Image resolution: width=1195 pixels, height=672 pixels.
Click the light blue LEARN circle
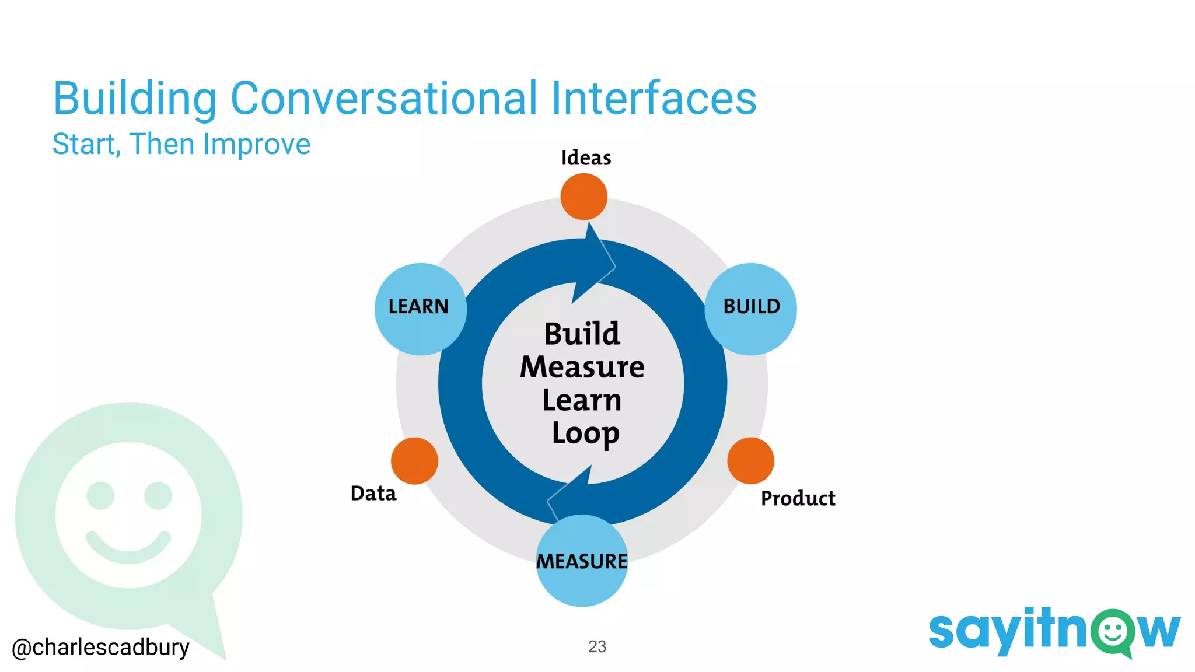coord(420,309)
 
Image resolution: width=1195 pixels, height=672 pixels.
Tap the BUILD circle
coord(750,309)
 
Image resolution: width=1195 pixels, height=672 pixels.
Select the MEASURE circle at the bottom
coord(582,561)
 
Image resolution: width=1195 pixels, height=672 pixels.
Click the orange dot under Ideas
coord(583,197)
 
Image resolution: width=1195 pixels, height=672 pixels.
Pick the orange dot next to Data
coord(414,461)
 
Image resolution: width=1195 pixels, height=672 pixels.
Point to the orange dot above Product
coord(750,461)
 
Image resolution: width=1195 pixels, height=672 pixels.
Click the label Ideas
coord(586,158)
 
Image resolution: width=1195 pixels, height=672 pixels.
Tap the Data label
coord(373,494)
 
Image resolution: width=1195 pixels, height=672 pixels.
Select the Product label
coord(798,499)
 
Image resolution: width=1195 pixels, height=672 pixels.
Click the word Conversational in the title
coord(383,98)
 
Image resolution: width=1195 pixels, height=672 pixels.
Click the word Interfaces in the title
coord(654,98)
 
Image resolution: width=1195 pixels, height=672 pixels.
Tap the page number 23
coord(597,646)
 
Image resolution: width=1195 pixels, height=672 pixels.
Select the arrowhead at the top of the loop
coord(595,262)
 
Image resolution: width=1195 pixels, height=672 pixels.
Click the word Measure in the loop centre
coord(582,367)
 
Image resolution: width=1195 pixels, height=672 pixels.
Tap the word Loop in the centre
coord(585,433)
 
